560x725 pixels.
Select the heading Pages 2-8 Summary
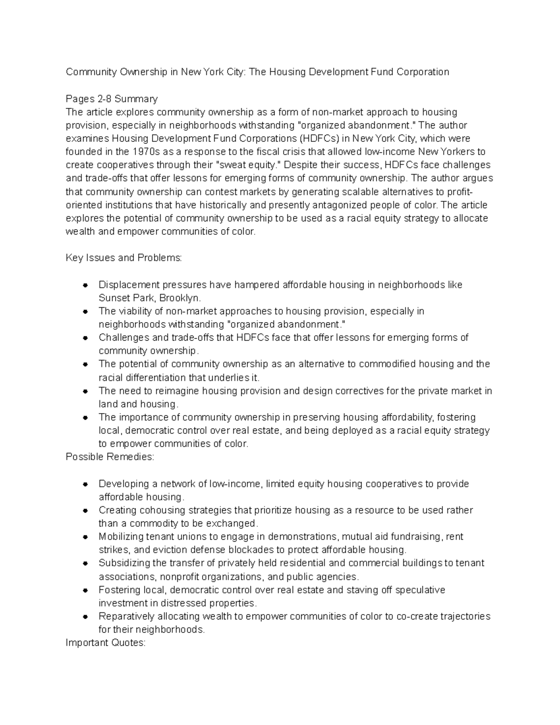112,99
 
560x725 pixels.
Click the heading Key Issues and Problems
124,258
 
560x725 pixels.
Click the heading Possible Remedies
110,457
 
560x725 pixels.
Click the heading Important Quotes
105,643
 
